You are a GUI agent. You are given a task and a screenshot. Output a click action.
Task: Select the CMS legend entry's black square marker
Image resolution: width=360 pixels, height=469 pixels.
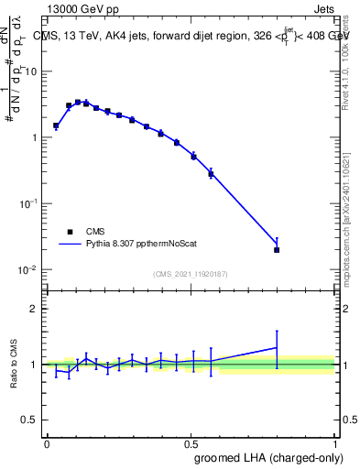click(69, 232)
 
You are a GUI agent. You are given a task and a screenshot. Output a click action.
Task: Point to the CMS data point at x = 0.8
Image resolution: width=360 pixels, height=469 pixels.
click(277, 249)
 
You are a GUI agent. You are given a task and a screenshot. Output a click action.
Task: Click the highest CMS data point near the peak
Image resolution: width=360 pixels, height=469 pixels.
click(78, 102)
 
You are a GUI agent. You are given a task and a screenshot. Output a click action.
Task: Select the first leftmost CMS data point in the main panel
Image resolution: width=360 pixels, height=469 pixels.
click(56, 125)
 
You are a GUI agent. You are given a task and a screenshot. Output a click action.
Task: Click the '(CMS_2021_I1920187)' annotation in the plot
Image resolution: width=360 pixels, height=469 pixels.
click(191, 274)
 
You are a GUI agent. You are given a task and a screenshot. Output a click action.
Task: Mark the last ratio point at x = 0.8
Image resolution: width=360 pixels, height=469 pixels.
click(277, 347)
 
